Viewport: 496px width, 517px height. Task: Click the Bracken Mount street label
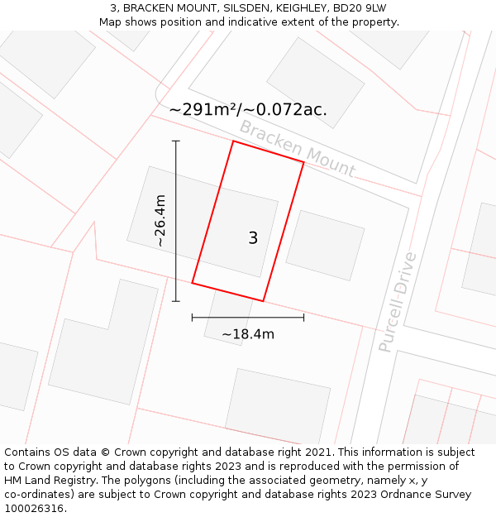297,149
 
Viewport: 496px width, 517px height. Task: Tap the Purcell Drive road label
398,302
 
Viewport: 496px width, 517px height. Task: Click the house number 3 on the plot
253,238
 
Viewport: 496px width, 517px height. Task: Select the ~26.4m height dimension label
160,221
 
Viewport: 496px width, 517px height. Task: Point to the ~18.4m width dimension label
248,334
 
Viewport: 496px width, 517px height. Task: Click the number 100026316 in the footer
31,509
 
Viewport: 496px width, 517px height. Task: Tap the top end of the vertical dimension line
175,141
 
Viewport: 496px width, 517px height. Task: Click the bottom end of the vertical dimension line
175,301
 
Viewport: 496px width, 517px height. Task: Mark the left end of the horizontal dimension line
193,317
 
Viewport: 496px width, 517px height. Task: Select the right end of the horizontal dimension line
303,317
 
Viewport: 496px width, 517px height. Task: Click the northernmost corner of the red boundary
233,141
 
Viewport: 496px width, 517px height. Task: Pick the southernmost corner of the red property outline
263,301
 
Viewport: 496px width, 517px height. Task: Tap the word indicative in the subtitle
277,22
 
